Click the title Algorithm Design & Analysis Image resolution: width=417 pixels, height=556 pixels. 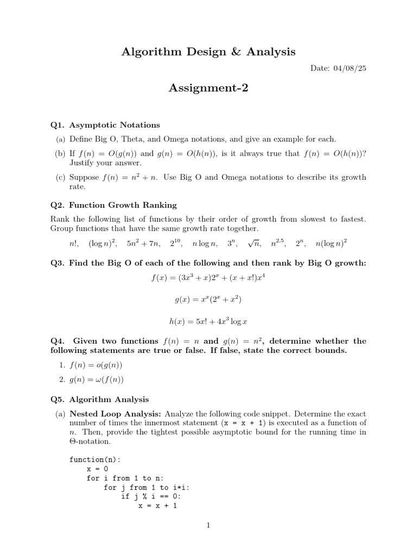point(208,52)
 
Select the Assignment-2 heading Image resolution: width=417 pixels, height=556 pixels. point(208,87)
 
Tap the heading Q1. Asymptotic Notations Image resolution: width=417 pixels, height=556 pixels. point(105,125)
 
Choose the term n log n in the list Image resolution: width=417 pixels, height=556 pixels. point(205,244)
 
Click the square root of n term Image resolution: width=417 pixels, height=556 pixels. point(254,244)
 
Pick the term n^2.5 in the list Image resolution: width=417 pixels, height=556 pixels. point(277,244)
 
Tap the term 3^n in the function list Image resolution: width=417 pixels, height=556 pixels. point(232,244)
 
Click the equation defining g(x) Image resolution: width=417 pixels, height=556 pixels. point(208,300)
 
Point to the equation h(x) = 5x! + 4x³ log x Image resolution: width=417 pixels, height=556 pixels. point(208,321)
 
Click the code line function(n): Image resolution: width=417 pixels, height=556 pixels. point(95,460)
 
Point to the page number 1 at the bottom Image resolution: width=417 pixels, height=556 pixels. point(208,525)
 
